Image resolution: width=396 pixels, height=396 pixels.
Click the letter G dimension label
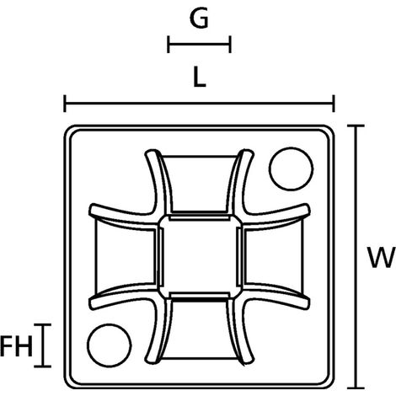[199, 19]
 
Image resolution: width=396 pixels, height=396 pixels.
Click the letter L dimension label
[200, 78]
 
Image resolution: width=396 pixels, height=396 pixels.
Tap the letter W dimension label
[382, 258]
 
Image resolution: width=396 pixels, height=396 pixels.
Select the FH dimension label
[16, 346]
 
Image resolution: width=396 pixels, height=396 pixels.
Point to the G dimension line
[199, 44]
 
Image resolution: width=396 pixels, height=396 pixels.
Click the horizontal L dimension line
[200, 104]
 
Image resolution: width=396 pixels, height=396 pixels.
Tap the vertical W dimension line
[356, 257]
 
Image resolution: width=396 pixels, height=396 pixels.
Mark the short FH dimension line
[43, 345]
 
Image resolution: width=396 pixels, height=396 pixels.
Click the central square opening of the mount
[200, 256]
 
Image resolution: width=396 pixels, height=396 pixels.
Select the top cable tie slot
[200, 184]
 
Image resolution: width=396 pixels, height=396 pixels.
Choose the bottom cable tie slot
[200, 329]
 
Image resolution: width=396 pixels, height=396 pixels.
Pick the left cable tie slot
[126, 256]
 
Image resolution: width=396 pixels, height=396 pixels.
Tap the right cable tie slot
[274, 256]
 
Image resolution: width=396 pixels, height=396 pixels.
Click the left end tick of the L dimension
[65, 104]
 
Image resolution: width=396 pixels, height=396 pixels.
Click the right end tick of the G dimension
[230, 44]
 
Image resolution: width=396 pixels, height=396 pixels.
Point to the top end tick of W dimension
[356, 126]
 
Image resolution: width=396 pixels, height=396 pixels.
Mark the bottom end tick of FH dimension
[43, 367]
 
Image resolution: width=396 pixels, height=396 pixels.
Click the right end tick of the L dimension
[334, 104]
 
